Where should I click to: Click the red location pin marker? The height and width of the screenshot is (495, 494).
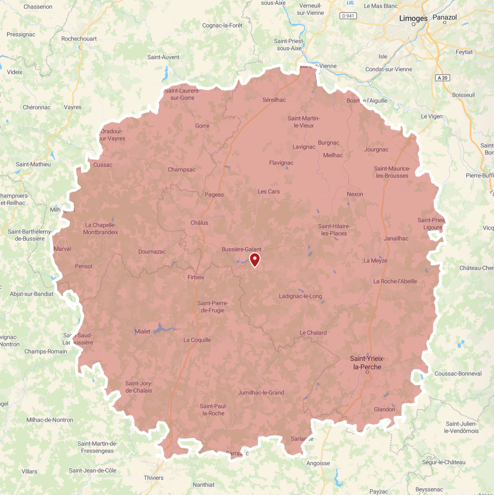pyautogui.click(x=255, y=259)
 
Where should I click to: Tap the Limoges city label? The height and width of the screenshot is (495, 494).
pyautogui.click(x=413, y=18)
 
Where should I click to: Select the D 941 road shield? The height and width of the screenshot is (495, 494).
pyautogui.click(x=348, y=16)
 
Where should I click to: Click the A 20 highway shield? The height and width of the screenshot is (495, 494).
pyautogui.click(x=443, y=78)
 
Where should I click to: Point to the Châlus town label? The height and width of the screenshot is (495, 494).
pyautogui.click(x=199, y=223)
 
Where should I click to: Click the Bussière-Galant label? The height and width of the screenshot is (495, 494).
pyautogui.click(x=241, y=249)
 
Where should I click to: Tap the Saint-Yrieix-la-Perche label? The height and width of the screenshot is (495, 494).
pyautogui.click(x=367, y=363)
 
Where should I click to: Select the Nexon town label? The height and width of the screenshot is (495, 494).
pyautogui.click(x=355, y=194)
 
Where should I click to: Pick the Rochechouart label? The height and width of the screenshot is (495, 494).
pyautogui.click(x=79, y=39)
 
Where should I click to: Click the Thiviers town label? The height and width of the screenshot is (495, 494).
pyautogui.click(x=153, y=478)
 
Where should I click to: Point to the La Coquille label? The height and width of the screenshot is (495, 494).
pyautogui.click(x=197, y=340)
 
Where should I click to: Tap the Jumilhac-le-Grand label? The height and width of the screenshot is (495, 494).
pyautogui.click(x=261, y=393)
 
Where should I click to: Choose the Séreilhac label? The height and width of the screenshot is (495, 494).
pyautogui.click(x=274, y=100)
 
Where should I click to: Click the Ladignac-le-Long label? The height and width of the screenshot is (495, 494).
pyautogui.click(x=300, y=296)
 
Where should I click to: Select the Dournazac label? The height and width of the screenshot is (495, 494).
pyautogui.click(x=152, y=251)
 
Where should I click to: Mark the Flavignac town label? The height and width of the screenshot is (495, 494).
pyautogui.click(x=281, y=163)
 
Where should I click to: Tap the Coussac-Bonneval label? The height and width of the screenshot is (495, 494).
pyautogui.click(x=458, y=374)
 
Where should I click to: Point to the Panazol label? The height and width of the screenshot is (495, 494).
pyautogui.click(x=445, y=17)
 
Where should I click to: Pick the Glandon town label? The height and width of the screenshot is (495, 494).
pyautogui.click(x=384, y=409)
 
